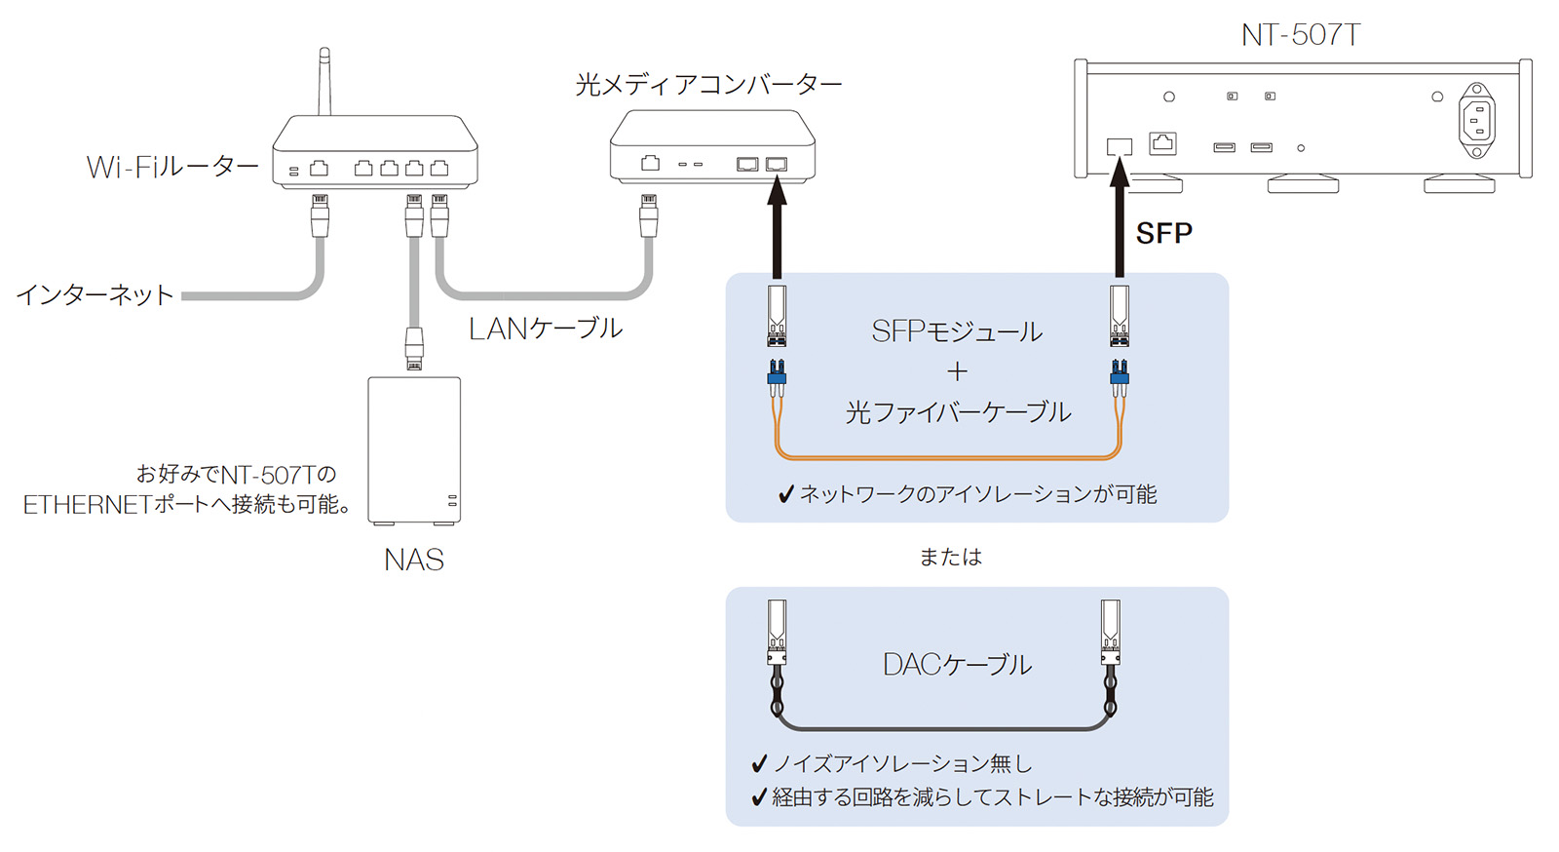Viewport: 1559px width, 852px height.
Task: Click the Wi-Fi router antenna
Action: pyautogui.click(x=324, y=83)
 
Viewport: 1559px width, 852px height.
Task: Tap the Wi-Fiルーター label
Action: pyautogui.click(x=172, y=168)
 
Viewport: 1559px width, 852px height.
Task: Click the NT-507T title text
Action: pyautogui.click(x=1300, y=35)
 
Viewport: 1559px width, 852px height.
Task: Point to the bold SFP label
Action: pyautogui.click(x=1164, y=233)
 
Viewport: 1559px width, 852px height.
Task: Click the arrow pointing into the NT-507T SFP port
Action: pyautogui.click(x=1121, y=219)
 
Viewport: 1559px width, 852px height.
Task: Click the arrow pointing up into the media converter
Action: pyautogui.click(x=777, y=229)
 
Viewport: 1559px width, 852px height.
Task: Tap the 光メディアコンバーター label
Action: pyautogui.click(x=708, y=85)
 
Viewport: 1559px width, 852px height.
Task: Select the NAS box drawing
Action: pyautogui.click(x=414, y=449)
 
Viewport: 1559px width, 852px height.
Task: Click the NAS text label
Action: pyautogui.click(x=414, y=560)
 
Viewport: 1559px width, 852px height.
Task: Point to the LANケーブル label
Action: pyautogui.click(x=545, y=329)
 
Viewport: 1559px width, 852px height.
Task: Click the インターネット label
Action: pyautogui.click(x=95, y=294)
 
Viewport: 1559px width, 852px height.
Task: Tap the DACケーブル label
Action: pyautogui.click(x=957, y=665)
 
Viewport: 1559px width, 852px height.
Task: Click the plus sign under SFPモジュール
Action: pyautogui.click(x=957, y=371)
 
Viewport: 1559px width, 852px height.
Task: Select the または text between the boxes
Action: pyautogui.click(x=951, y=557)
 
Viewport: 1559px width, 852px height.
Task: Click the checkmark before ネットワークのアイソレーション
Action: pyautogui.click(x=786, y=495)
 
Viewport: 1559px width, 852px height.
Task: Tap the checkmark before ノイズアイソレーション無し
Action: pyautogui.click(x=760, y=763)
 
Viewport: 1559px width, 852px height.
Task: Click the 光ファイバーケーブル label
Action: pyautogui.click(x=958, y=412)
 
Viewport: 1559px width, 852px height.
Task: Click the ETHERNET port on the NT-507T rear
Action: pyautogui.click(x=1162, y=143)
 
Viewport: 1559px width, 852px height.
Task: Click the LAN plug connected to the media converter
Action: pyautogui.click(x=648, y=215)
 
